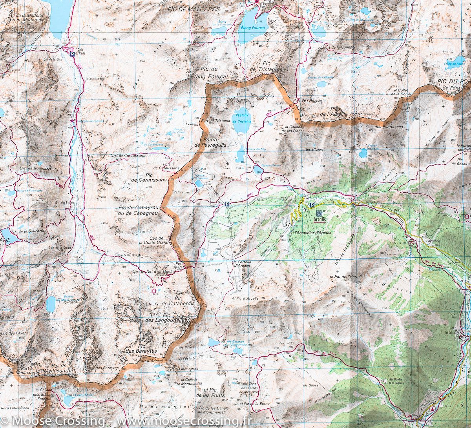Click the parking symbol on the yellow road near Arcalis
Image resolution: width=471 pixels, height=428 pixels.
[x=312, y=205]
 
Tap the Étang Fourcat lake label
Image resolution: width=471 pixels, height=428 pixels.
[x=253, y=28]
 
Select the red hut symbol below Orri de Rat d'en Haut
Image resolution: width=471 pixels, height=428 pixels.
[x=154, y=290]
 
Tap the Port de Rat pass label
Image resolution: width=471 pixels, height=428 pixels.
[x=180, y=266]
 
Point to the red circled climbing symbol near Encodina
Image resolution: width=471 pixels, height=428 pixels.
[x=412, y=242]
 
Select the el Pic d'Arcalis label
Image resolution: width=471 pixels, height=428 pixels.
[x=245, y=299]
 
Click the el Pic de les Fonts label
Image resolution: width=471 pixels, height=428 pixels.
[x=214, y=392]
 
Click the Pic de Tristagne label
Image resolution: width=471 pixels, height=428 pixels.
[x=266, y=66]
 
